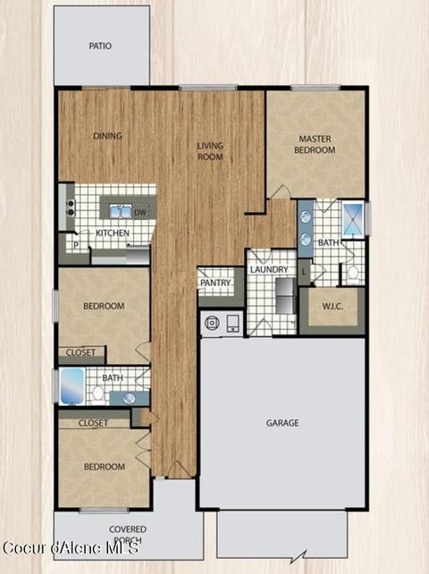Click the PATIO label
tap(100, 46)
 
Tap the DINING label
tap(107, 136)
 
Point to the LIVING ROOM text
tap(210, 151)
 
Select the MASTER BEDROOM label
tap(315, 144)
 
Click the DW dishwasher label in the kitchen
tap(140, 213)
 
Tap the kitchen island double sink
tap(121, 212)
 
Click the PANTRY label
tap(215, 283)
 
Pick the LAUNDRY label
tap(269, 269)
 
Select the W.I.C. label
tap(332, 306)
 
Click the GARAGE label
tap(282, 423)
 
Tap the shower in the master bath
tap(353, 220)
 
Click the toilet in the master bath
tap(353, 274)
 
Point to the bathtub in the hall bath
tap(71, 386)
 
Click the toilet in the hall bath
tap(97, 394)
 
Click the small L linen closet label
tap(304, 272)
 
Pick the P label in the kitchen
tap(76, 245)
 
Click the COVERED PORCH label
tap(128, 535)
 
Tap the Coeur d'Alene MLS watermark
tap(71, 548)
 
